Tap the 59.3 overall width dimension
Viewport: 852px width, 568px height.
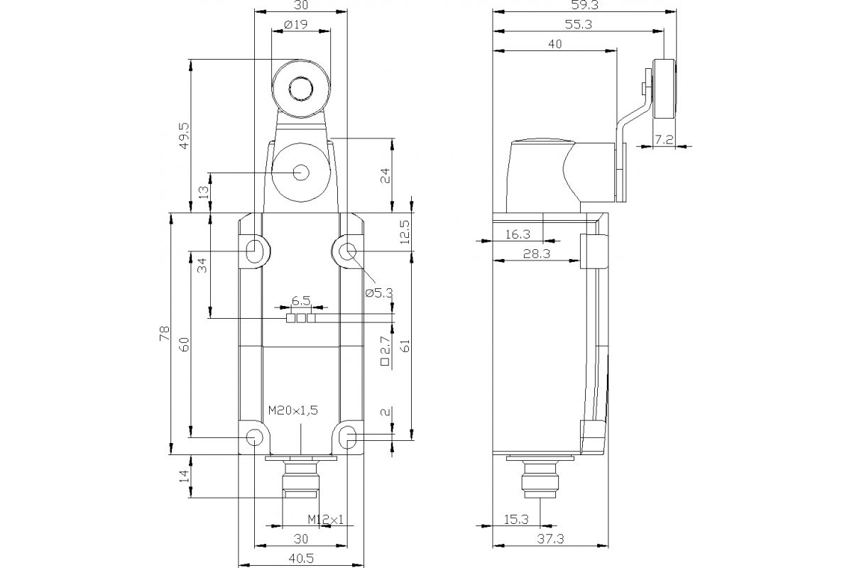584,6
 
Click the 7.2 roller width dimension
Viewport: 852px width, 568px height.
664,140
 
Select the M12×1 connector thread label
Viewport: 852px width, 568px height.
326,520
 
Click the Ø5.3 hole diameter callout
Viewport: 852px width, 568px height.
378,293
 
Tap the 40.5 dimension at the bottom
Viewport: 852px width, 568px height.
300,559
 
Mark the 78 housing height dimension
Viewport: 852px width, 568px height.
164,332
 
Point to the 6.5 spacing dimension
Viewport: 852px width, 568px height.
301,301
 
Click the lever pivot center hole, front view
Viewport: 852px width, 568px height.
300,172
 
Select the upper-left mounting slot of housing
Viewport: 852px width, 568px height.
254,250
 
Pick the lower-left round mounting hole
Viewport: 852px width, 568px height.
253,437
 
